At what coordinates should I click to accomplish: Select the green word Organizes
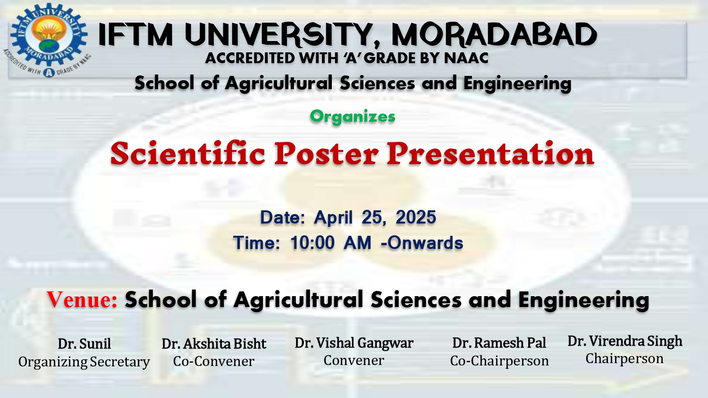click(353, 116)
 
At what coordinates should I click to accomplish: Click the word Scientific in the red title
click(188, 154)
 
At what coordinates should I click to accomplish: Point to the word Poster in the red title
click(326, 154)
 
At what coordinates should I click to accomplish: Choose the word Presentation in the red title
click(490, 154)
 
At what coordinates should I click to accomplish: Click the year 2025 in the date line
click(416, 217)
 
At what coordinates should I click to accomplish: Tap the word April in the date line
click(333, 218)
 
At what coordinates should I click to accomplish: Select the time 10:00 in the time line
click(312, 243)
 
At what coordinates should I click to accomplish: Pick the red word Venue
click(82, 299)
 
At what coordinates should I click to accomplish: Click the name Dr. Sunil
click(84, 344)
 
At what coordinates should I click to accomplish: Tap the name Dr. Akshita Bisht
click(214, 344)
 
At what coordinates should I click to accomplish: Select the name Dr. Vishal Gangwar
click(354, 343)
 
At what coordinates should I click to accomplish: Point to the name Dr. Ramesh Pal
click(499, 343)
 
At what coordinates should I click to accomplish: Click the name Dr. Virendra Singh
click(625, 341)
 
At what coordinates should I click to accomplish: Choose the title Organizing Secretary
click(84, 362)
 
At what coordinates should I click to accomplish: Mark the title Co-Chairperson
click(499, 361)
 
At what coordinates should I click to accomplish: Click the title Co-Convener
click(214, 361)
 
